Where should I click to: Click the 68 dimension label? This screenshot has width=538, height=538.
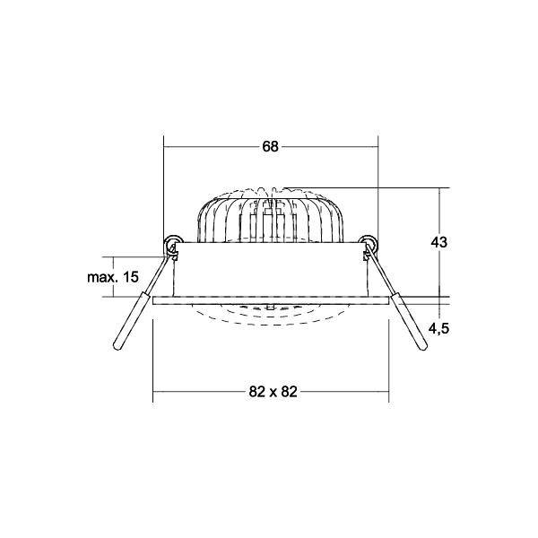click(270, 147)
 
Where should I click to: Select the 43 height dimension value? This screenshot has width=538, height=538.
click(438, 242)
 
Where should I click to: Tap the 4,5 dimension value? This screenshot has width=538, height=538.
click(438, 328)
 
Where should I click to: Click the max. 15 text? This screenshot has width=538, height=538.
click(113, 277)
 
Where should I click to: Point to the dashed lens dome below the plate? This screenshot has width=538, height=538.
click(270, 316)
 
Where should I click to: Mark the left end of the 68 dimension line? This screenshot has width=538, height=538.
click(163, 147)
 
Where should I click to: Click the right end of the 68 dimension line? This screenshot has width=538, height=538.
click(378, 147)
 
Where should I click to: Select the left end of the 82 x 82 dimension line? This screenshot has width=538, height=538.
click(153, 391)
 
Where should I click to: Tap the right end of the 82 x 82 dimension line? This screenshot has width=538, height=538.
click(387, 391)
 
